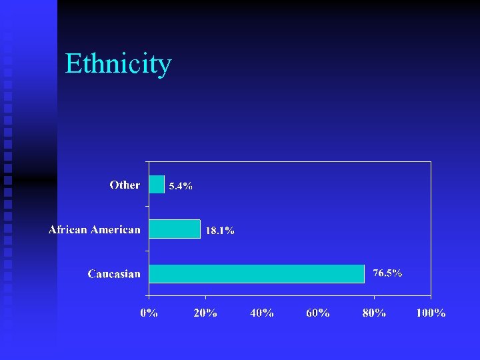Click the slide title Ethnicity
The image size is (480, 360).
pos(118,64)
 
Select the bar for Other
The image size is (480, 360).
pos(157,184)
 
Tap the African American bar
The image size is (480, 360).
pos(174,229)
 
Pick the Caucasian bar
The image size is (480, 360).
pos(257,273)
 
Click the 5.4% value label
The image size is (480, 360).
pos(181,187)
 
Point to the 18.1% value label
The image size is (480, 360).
pos(219,231)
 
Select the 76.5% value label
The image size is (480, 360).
pos(387,273)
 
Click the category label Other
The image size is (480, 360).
pos(125,185)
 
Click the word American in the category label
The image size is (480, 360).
pos(115,229)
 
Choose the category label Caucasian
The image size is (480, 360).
pos(114,274)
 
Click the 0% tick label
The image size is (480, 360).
pos(149,313)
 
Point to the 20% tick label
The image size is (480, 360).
pos(205,313)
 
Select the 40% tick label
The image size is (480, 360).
pos(261,313)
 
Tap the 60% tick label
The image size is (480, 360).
pos(318,313)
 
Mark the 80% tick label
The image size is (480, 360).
pos(374,313)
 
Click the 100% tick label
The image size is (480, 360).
pos(431,313)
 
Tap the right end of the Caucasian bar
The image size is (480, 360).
pos(363,273)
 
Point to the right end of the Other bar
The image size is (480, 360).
pos(163,184)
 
